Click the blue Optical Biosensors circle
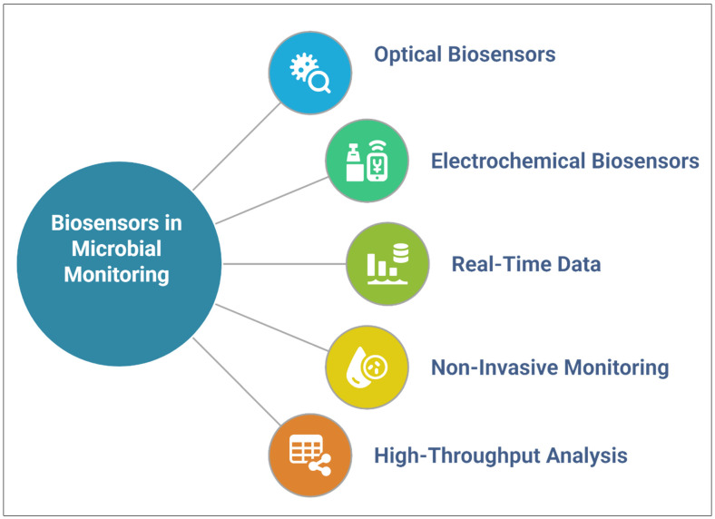[310, 73]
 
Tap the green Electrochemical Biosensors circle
[367, 161]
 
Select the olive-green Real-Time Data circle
[387, 264]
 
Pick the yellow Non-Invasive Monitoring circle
[367, 367]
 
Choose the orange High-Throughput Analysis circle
[310, 455]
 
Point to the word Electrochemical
[508, 161]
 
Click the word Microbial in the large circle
[117, 249]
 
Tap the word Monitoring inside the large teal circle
[117, 275]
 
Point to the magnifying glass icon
[319, 83]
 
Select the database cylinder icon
[401, 253]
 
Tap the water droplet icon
[356, 367]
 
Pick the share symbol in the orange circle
[320, 465]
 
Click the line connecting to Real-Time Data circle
[285, 264]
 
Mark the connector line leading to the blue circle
[237, 146]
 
